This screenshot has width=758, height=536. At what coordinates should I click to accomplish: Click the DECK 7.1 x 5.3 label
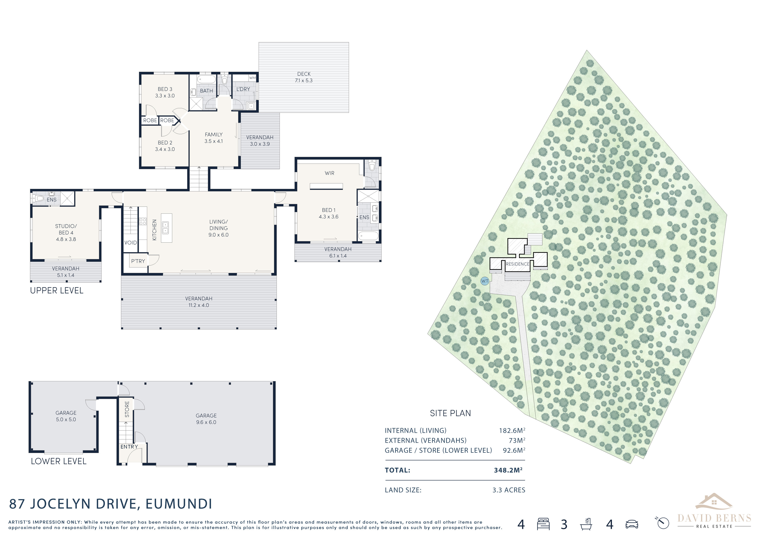click(304, 77)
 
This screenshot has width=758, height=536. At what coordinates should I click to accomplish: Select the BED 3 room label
click(165, 89)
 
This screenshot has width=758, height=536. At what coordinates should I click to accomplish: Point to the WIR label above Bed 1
click(330, 173)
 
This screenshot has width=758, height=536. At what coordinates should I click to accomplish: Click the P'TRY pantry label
click(138, 261)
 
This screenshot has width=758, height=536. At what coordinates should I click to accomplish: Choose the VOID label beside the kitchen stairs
click(131, 243)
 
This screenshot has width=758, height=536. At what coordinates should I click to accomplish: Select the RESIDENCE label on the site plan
click(517, 264)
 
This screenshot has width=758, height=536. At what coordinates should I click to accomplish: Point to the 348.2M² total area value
click(508, 470)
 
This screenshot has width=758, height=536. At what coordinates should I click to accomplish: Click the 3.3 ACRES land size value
click(509, 490)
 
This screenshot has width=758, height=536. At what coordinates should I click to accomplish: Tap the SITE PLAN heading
click(450, 413)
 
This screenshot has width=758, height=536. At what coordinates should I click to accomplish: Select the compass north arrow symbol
click(662, 523)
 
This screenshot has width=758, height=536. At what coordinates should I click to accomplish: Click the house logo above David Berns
click(714, 502)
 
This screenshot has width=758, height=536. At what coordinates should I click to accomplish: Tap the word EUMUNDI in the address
click(179, 504)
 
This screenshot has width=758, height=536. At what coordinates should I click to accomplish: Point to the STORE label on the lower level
click(127, 409)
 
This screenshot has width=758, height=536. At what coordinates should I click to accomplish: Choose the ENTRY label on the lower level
click(129, 447)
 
